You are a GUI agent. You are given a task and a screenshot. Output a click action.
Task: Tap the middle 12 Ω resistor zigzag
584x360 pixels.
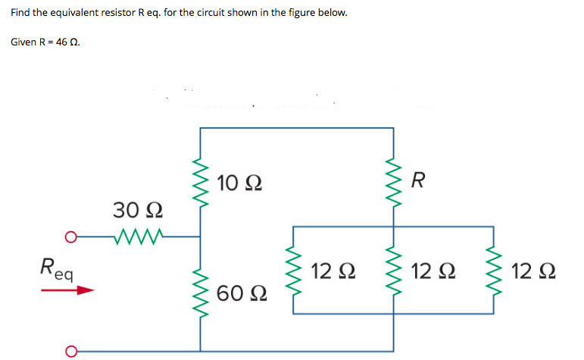(393, 271)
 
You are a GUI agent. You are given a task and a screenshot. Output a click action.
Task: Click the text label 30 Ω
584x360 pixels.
(136, 208)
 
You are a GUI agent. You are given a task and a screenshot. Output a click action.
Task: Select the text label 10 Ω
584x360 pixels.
(239, 183)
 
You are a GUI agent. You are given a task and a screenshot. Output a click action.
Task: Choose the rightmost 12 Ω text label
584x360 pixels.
(534, 271)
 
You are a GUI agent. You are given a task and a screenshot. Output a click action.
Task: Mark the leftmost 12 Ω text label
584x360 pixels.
(334, 271)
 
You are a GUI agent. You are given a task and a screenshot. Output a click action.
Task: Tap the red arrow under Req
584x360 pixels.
(73, 290)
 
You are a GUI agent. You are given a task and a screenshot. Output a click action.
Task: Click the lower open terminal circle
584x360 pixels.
(70, 351)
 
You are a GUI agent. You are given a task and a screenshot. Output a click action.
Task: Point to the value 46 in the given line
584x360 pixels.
(61, 42)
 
